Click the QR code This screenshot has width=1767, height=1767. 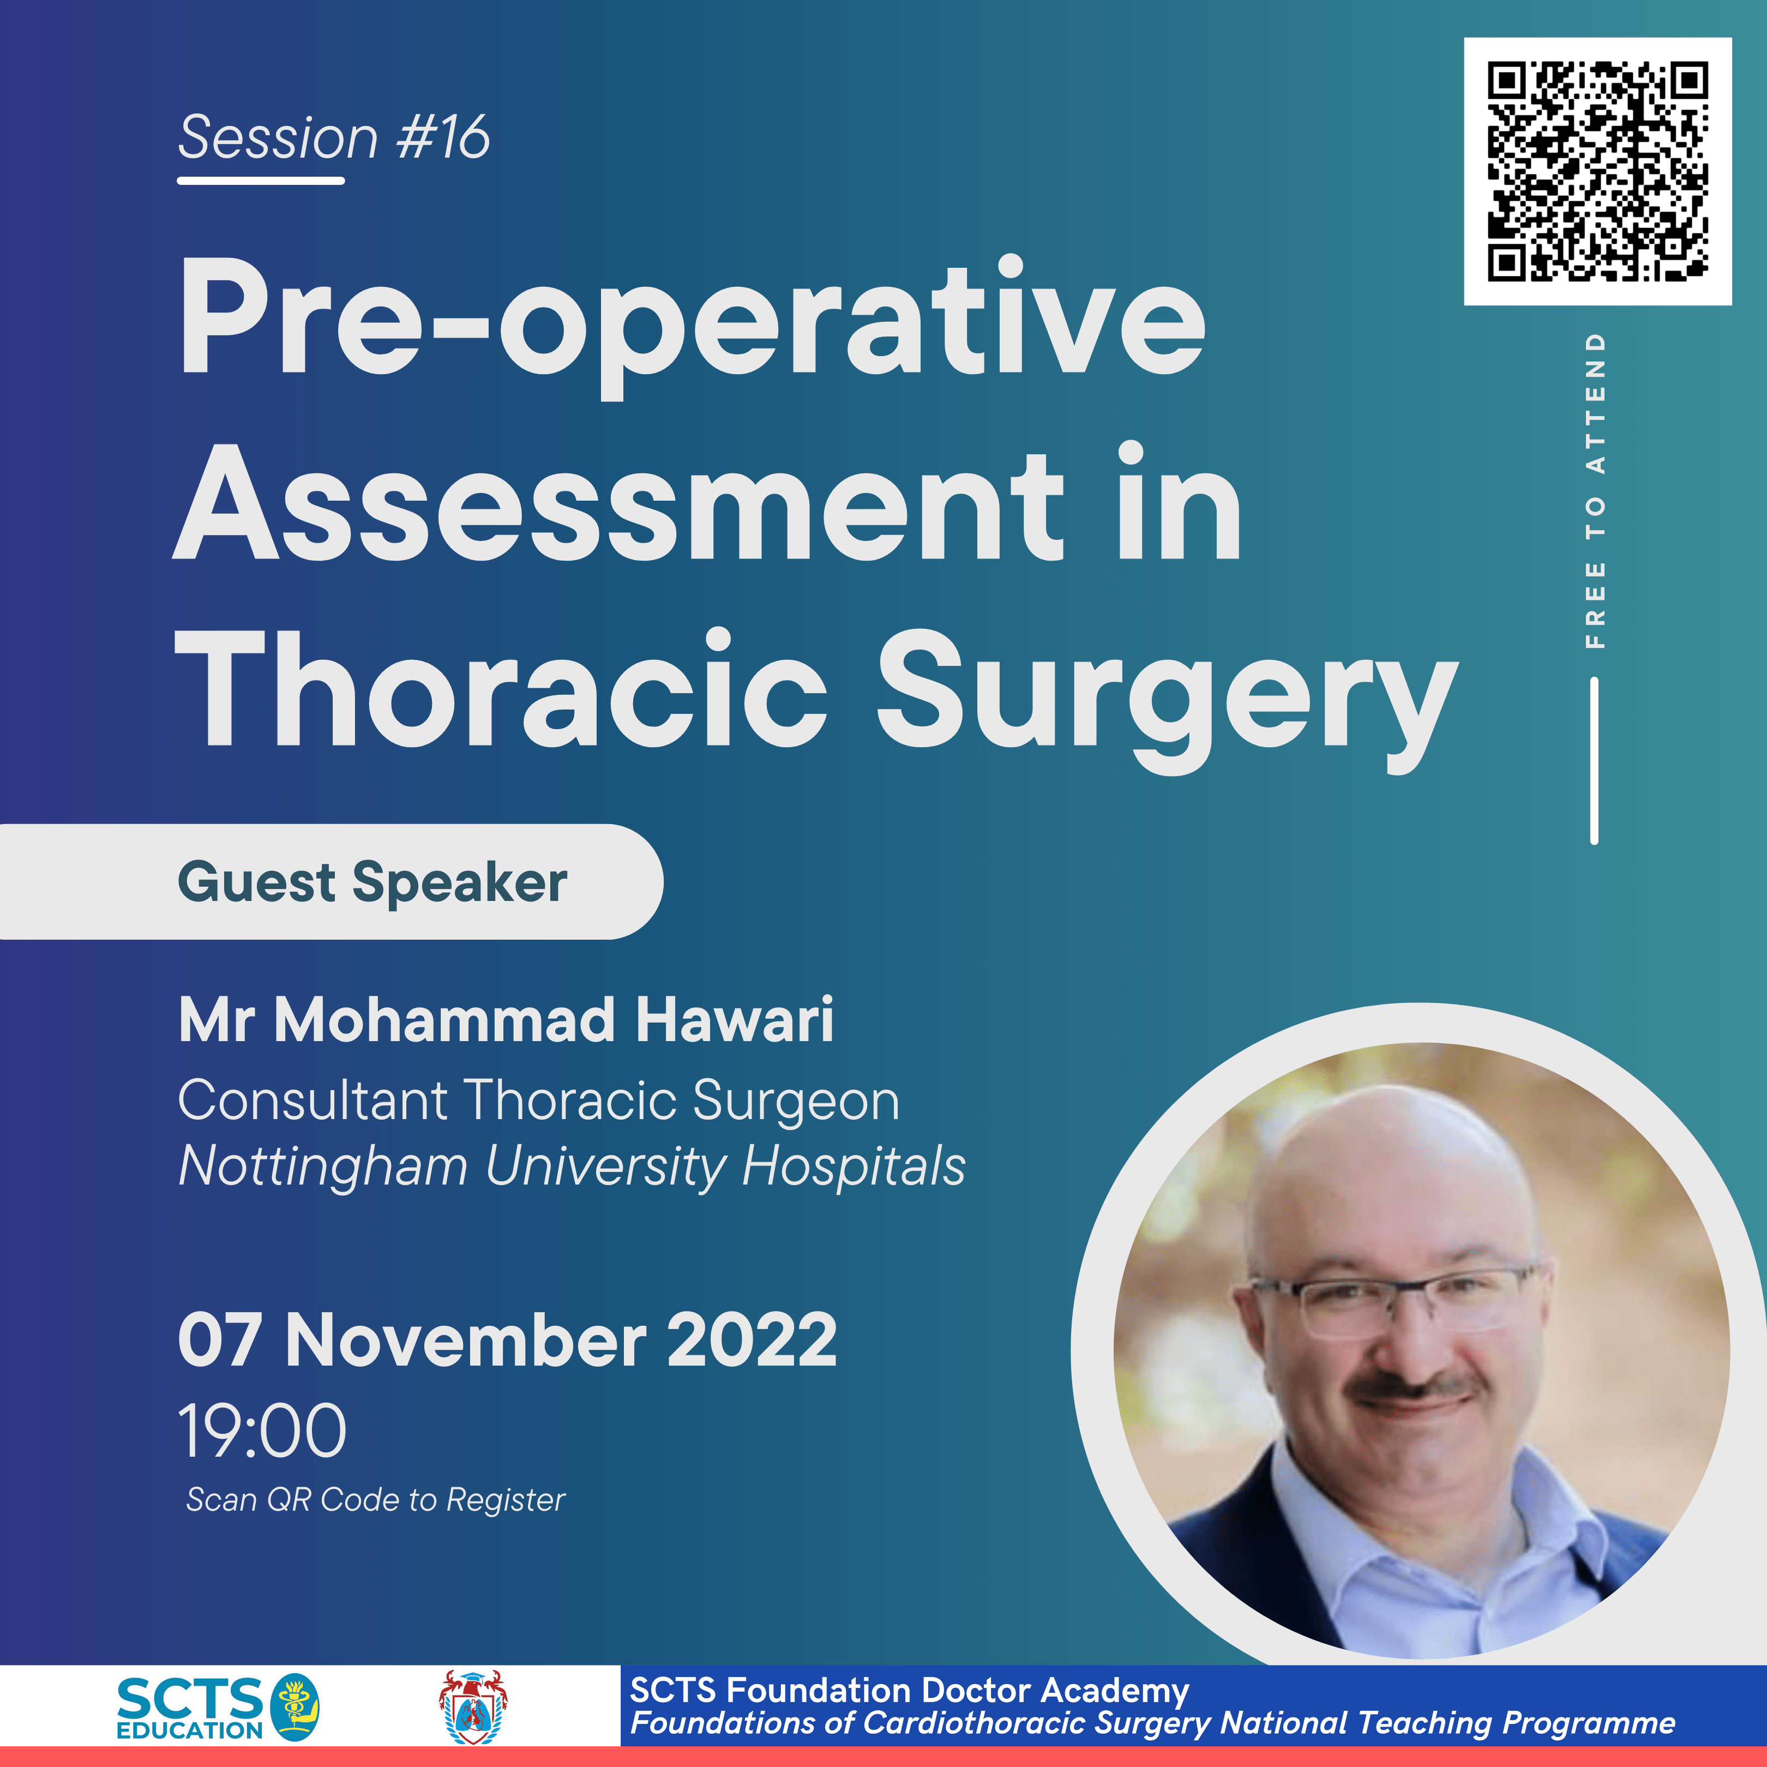click(1597, 171)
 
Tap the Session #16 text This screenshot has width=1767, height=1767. click(334, 138)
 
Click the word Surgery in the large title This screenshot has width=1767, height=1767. click(1166, 695)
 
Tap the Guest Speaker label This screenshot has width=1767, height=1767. click(372, 882)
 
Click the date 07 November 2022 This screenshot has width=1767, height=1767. click(508, 1340)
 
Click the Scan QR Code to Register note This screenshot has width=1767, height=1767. click(376, 1500)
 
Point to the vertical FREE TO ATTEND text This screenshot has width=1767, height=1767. click(1594, 491)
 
